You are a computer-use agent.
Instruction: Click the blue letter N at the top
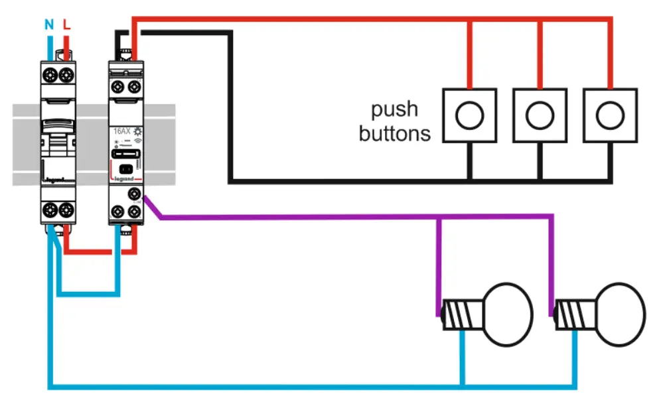48,25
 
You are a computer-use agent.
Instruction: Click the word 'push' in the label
394,109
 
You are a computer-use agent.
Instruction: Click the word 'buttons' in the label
394,133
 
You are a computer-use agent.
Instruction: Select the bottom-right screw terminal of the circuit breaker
66,211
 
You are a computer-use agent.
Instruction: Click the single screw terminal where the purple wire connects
135,194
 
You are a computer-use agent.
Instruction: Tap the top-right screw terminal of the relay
135,87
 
